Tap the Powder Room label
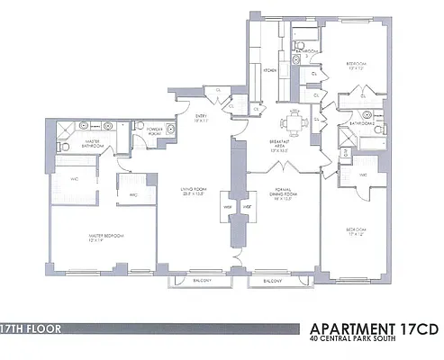click(x=153, y=131)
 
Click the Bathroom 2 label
click(x=362, y=122)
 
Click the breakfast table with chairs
click(x=296, y=121)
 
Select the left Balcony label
click(x=200, y=280)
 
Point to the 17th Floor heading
click(x=32, y=328)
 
